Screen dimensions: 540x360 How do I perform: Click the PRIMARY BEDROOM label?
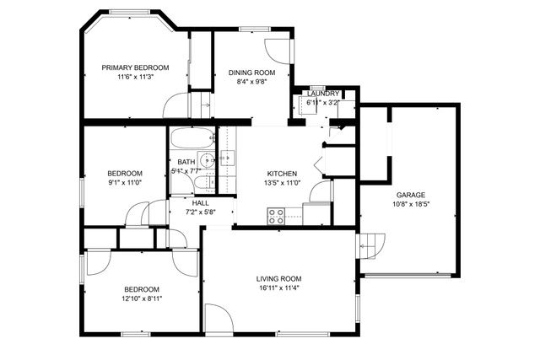(x=135, y=67)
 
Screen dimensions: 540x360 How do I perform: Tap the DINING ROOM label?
(x=251, y=73)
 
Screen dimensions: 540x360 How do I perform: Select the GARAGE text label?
(x=411, y=195)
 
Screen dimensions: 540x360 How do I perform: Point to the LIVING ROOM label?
(x=278, y=279)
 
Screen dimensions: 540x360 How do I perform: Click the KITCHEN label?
(x=282, y=174)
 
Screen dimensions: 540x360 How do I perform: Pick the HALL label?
(x=201, y=203)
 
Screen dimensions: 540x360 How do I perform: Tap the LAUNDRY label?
(x=323, y=94)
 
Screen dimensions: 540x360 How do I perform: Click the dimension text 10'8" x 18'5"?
(x=411, y=204)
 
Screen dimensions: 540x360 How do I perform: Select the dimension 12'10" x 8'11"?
(x=142, y=298)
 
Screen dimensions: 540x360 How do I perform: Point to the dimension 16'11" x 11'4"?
(x=279, y=288)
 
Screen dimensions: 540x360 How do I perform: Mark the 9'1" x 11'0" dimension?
(x=125, y=182)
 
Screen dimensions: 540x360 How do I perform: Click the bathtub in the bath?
(x=193, y=138)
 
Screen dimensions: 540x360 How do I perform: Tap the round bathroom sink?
(x=208, y=160)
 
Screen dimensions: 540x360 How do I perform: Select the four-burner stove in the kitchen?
(x=277, y=216)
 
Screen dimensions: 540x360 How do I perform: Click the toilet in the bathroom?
(x=204, y=182)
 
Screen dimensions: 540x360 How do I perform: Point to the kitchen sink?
(x=227, y=158)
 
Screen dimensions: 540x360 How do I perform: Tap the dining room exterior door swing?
(x=278, y=51)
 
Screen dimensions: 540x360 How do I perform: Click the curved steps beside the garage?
(x=372, y=246)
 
